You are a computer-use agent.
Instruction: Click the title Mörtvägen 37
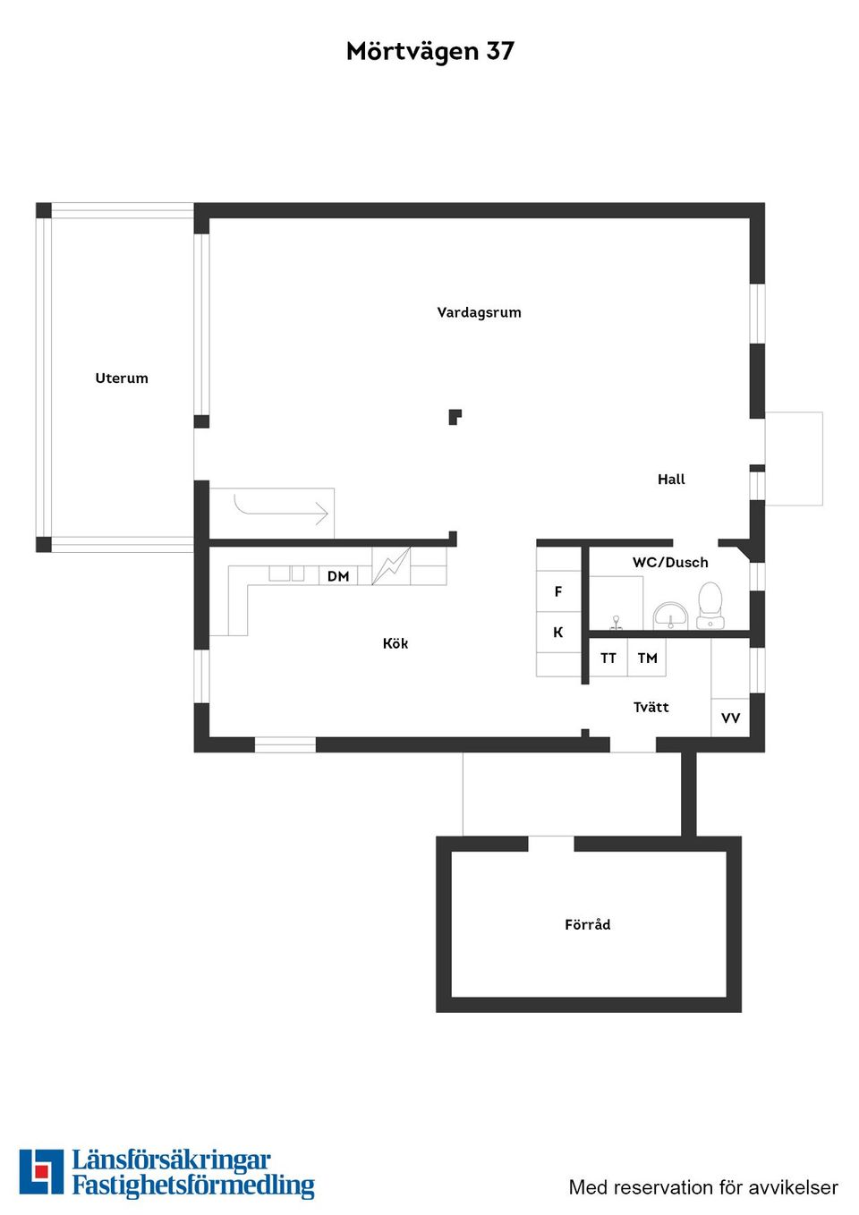(429, 51)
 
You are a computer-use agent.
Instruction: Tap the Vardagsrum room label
(479, 312)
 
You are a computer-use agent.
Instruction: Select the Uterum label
(122, 378)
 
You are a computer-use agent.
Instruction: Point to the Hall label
(671, 480)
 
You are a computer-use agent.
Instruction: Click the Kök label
(395, 643)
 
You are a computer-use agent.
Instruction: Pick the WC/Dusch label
(670, 563)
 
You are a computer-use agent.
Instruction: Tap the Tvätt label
(651, 708)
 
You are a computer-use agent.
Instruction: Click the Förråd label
(588, 925)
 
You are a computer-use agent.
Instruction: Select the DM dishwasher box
(338, 576)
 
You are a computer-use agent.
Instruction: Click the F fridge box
(558, 591)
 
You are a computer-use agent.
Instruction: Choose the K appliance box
(558, 633)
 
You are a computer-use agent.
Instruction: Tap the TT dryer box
(608, 658)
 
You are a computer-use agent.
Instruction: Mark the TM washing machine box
(647, 658)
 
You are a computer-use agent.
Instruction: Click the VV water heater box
(730, 718)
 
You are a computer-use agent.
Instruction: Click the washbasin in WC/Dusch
(670, 616)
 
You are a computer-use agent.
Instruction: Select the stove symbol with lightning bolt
(391, 566)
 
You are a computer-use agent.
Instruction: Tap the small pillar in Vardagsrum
(455, 416)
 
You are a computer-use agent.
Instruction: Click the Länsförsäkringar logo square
(41, 1172)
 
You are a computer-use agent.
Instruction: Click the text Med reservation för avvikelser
(703, 1187)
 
